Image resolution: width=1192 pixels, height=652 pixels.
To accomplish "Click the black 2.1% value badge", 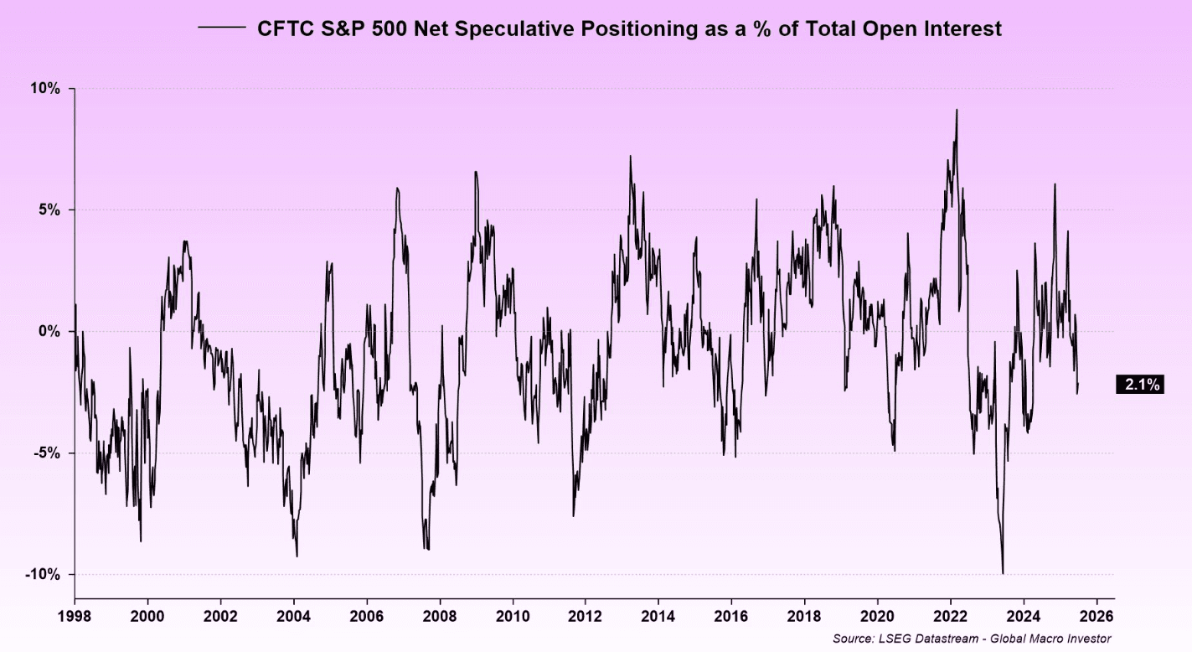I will click(x=1141, y=385).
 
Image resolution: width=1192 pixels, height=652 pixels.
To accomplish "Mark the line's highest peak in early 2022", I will click(x=957, y=110).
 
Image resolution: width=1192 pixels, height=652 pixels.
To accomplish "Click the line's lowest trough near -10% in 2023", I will click(x=1003, y=573).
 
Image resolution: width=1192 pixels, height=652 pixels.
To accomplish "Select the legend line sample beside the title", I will click(x=220, y=28).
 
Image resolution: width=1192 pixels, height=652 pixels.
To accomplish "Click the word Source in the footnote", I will click(x=853, y=639).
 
